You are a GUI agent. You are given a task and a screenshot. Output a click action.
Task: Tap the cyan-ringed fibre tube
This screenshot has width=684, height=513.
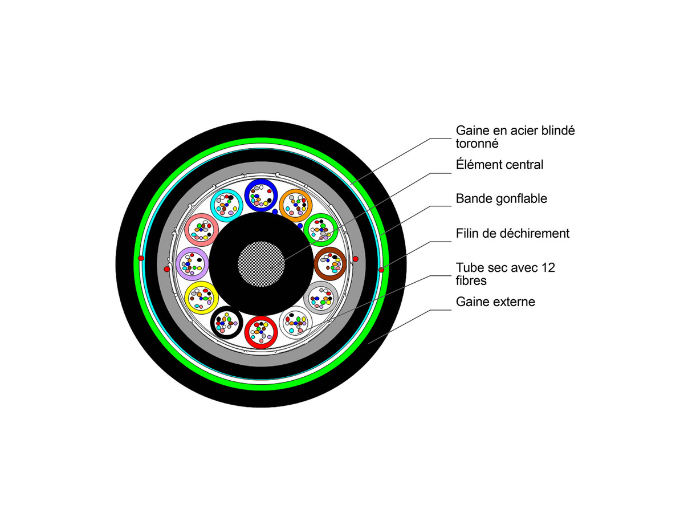pyautogui.click(x=227, y=204)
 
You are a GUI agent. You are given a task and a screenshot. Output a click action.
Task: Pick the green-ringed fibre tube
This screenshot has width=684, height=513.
pyautogui.click(x=321, y=229)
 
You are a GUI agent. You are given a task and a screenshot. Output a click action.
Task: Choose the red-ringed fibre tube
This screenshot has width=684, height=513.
pyautogui.click(x=261, y=331)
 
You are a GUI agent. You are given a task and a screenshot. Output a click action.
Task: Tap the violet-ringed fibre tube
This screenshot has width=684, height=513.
pyautogui.click(x=192, y=263)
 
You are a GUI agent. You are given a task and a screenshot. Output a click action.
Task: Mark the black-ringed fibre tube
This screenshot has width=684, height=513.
pyautogui.click(x=227, y=322)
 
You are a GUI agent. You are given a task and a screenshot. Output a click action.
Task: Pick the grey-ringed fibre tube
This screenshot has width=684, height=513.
pyautogui.click(x=321, y=298)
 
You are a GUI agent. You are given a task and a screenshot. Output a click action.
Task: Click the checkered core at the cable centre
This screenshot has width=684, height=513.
pyautogui.click(x=260, y=263)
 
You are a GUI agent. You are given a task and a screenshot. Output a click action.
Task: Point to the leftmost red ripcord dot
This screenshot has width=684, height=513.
pyautogui.click(x=141, y=259)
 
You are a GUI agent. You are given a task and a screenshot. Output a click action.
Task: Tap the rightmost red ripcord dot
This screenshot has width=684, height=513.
pyautogui.click(x=381, y=268)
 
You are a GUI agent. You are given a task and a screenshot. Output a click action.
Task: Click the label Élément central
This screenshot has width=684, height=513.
pyautogui.click(x=499, y=165)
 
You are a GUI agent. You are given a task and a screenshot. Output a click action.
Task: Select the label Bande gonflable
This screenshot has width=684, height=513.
pyautogui.click(x=501, y=199)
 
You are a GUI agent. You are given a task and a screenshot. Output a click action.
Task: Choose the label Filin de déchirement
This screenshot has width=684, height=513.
pyautogui.click(x=512, y=233)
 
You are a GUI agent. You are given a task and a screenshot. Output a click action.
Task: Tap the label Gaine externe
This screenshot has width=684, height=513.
pyautogui.click(x=495, y=302)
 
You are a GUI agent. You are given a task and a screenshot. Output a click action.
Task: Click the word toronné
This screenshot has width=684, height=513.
pyautogui.click(x=477, y=144)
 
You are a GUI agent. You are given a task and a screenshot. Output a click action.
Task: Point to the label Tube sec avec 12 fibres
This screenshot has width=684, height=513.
pyautogui.click(x=505, y=274)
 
